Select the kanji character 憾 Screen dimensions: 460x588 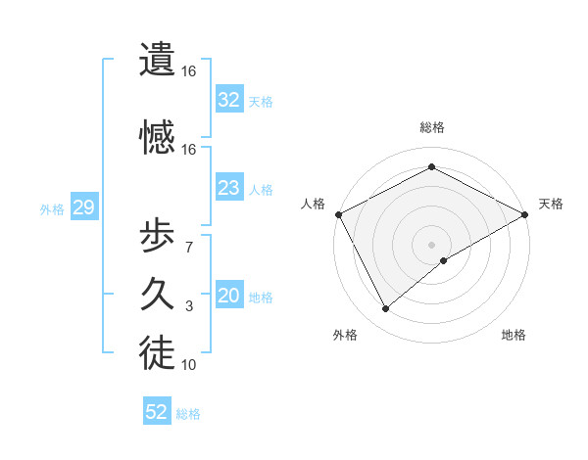(x=157, y=137)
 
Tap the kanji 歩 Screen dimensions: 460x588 (x=157, y=237)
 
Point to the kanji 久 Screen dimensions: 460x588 (x=157, y=294)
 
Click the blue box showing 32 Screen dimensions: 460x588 (x=229, y=99)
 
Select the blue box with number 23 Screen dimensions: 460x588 (x=229, y=188)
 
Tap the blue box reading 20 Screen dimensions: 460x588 (x=229, y=297)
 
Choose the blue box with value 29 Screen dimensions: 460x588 (x=82, y=207)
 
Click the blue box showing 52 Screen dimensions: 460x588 (x=157, y=412)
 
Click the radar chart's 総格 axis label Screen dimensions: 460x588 (x=432, y=127)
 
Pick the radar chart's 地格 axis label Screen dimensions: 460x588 (x=514, y=335)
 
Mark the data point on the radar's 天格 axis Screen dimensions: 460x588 (x=526, y=214)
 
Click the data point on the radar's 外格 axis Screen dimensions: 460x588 (x=385, y=309)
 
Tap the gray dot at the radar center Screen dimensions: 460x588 (x=432, y=244)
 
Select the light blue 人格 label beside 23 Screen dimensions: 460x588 (x=261, y=189)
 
